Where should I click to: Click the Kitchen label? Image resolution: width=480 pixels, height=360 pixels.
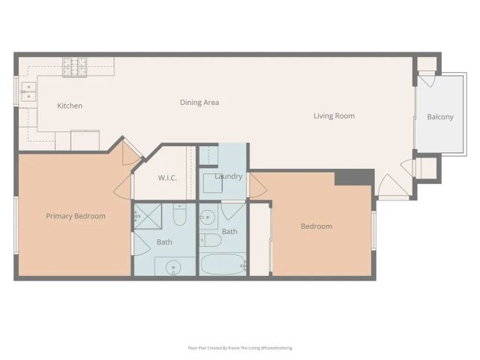[x=70, y=106]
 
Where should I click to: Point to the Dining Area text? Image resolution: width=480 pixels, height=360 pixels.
[x=199, y=102]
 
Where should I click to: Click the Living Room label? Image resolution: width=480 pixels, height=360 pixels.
[x=334, y=115]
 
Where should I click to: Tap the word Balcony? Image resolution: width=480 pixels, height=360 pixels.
[x=440, y=116]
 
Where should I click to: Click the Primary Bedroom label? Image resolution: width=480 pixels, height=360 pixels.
[x=75, y=216]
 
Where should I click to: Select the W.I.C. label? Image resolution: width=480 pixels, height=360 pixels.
[x=166, y=178]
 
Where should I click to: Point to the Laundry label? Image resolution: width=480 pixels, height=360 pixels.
[x=228, y=176]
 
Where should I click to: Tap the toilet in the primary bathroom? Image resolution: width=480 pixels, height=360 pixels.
[x=179, y=215]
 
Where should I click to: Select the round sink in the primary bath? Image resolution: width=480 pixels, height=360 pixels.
[x=174, y=265]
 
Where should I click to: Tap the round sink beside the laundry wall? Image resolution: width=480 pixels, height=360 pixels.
[x=208, y=216]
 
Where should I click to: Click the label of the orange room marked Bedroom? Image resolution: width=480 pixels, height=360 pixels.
[x=316, y=226]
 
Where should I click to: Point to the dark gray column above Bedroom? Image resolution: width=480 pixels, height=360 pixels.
[x=354, y=178]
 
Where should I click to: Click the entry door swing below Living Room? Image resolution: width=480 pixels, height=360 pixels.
[x=391, y=186]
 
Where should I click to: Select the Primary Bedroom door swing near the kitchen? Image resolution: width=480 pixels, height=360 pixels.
[x=131, y=152]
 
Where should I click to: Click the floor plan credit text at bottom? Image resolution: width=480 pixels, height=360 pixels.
[x=239, y=348]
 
